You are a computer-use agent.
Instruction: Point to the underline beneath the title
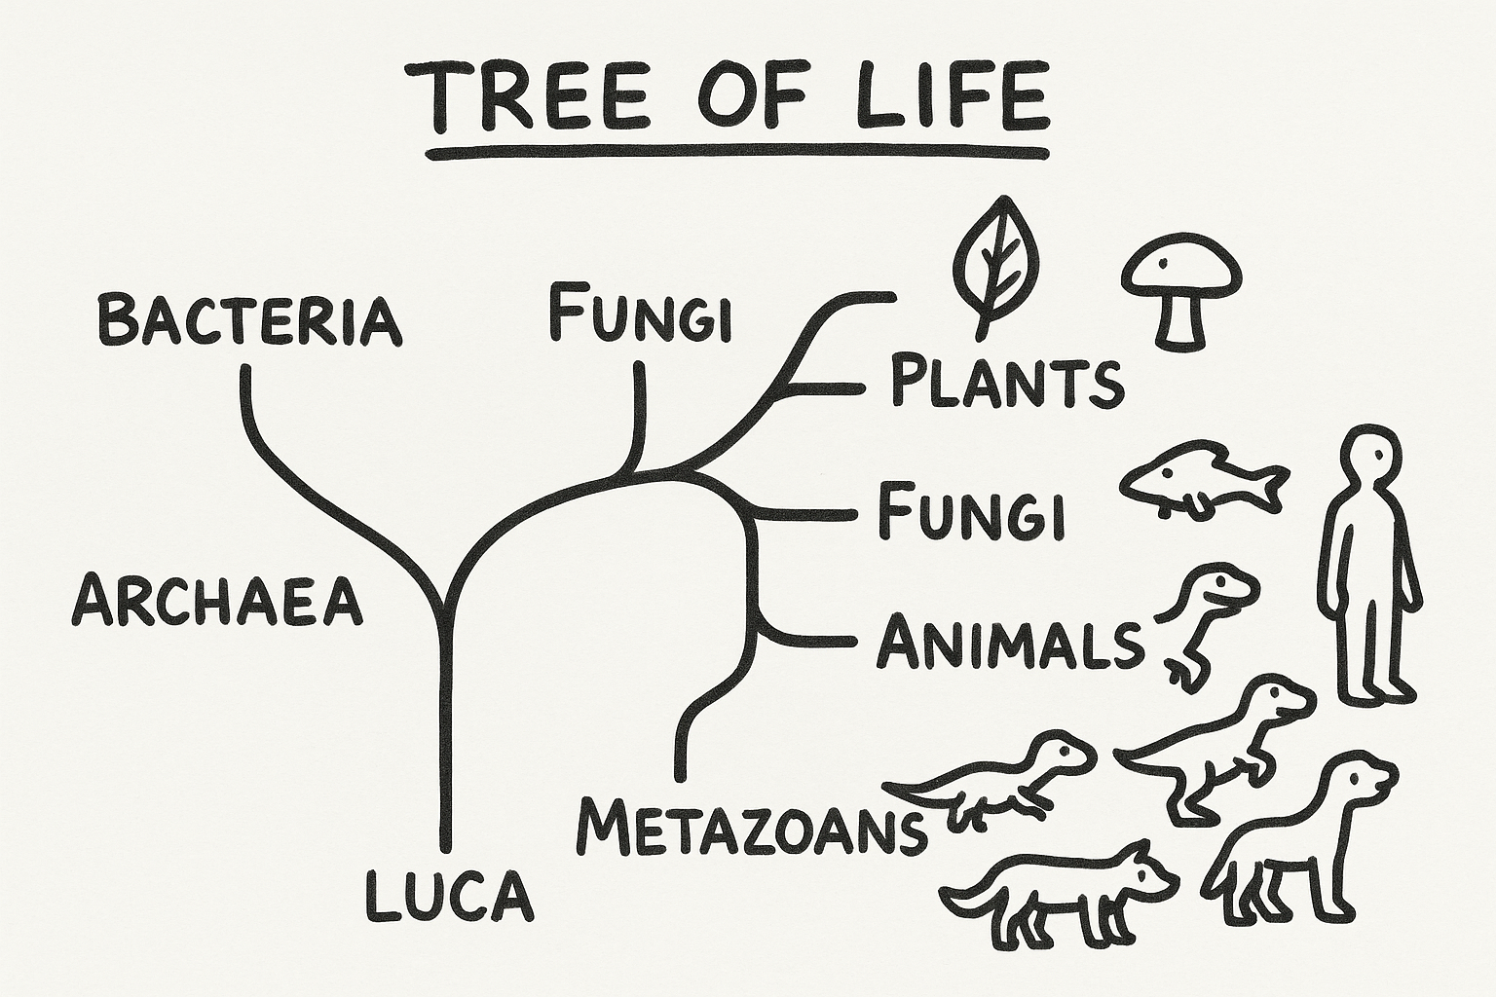(738, 153)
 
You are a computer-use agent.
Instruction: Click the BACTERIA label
(249, 320)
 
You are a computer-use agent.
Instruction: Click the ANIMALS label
(1009, 644)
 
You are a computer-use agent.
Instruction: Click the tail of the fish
(1268, 484)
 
